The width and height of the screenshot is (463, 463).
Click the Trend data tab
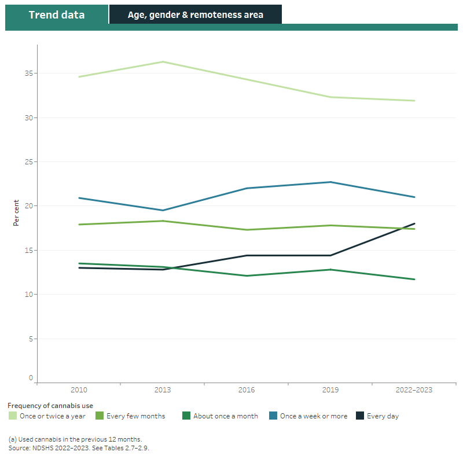tap(56, 14)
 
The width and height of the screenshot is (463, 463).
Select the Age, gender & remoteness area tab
tap(195, 14)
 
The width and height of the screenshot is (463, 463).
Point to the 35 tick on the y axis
tap(28, 74)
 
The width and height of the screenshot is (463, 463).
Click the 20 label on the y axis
tap(28, 206)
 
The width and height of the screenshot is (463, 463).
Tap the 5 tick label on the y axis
tap(30, 339)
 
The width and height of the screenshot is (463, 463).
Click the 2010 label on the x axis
tap(79, 390)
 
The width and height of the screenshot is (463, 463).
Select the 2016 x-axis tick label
tap(247, 390)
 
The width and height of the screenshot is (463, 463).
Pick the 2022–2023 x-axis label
tap(414, 390)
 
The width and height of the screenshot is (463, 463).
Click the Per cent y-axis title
tap(17, 213)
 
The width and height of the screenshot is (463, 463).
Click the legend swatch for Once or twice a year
tap(12, 416)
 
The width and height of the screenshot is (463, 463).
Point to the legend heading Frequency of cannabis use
tap(50, 406)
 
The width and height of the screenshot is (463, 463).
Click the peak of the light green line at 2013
tap(163, 62)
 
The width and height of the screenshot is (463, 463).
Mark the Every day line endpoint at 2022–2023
tap(414, 223)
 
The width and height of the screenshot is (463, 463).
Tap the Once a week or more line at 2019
tap(330, 182)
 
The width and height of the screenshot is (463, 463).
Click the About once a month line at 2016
tap(247, 275)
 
